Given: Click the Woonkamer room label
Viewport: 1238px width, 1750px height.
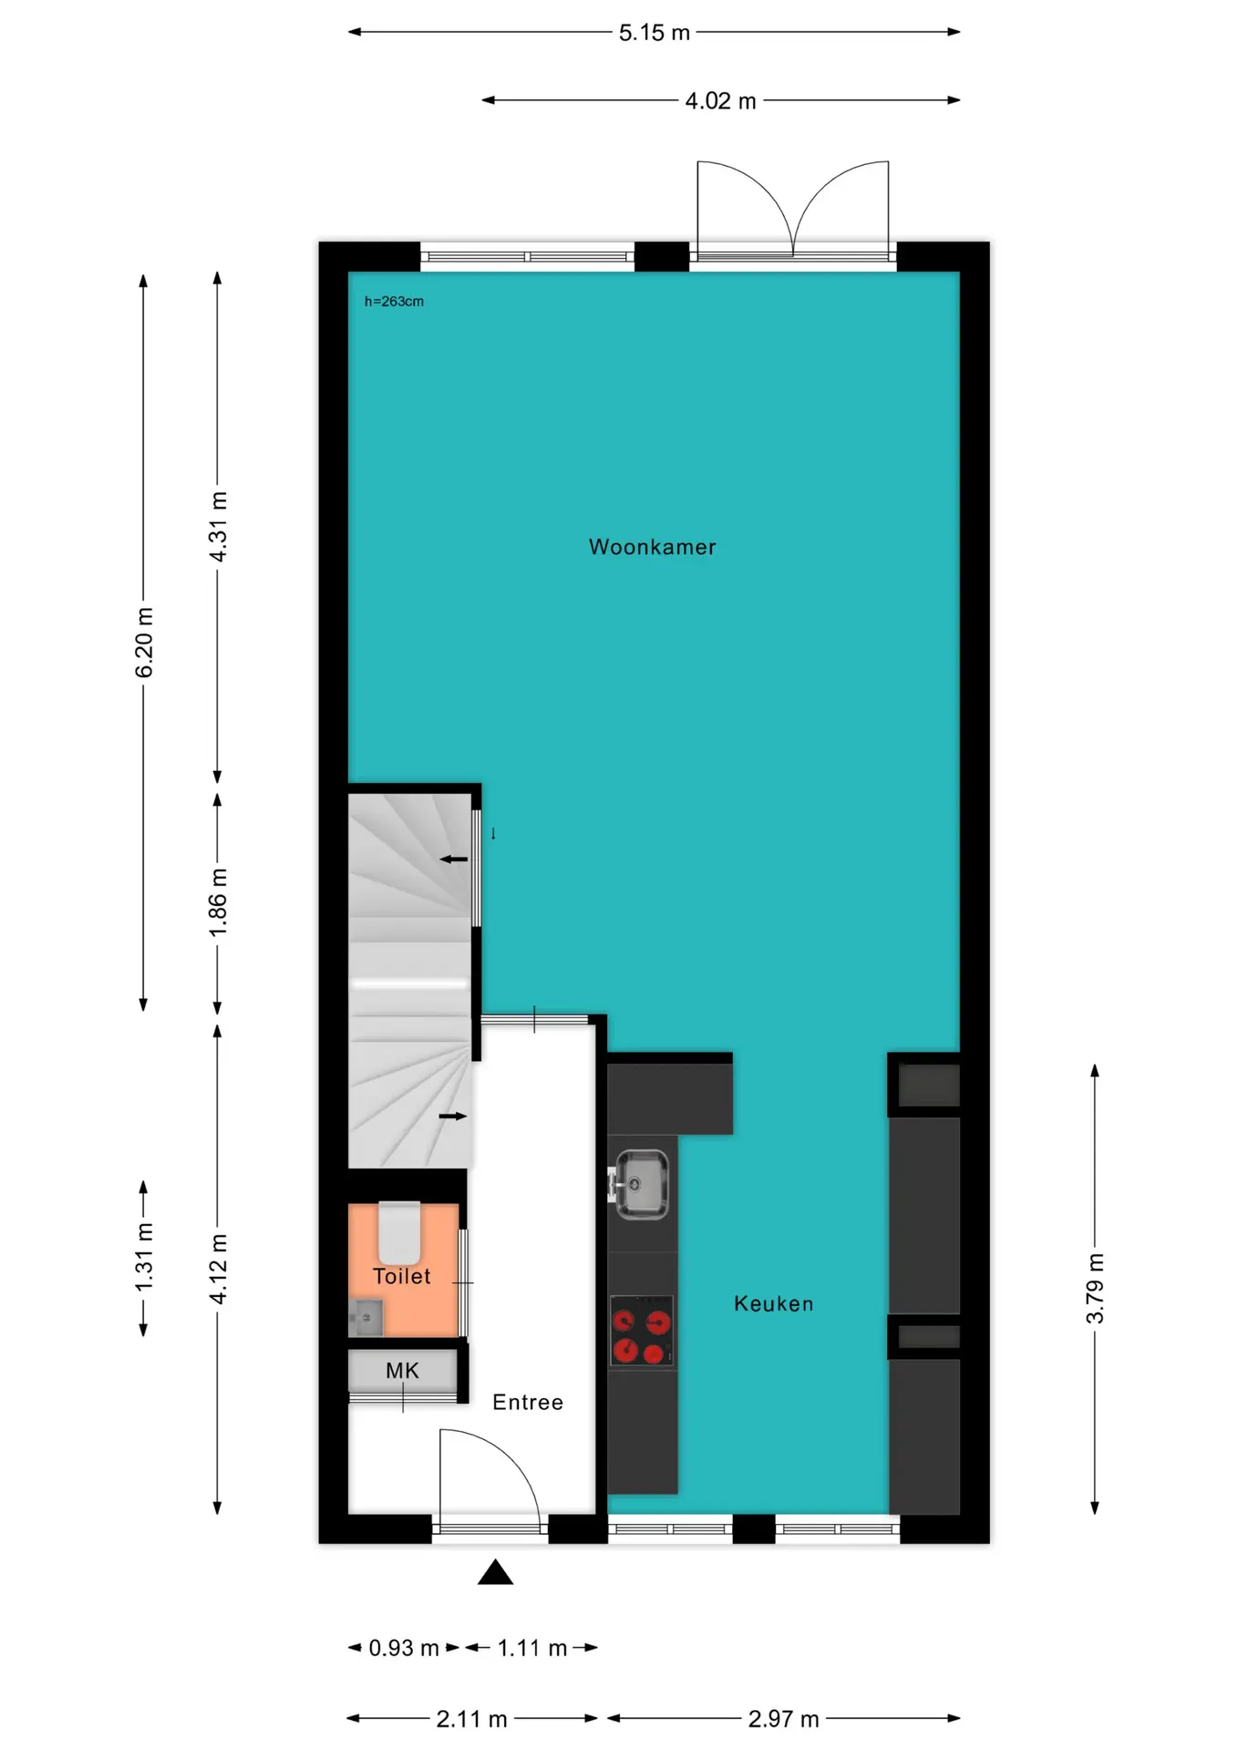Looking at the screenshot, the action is [x=652, y=547].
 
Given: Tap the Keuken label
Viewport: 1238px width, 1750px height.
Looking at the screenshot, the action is [x=773, y=1303].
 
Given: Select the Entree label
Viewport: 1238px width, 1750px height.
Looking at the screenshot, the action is [x=528, y=1402].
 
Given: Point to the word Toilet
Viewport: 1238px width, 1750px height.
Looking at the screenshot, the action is [x=401, y=1276].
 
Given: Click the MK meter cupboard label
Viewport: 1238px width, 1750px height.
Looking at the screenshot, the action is [x=402, y=1370].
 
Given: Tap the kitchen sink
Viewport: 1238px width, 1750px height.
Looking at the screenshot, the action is [x=641, y=1184].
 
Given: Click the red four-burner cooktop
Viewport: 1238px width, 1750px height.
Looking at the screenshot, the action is [x=642, y=1331].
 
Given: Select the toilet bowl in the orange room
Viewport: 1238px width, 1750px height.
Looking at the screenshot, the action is [x=399, y=1232].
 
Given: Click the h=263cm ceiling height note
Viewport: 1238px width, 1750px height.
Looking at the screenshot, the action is [x=394, y=302].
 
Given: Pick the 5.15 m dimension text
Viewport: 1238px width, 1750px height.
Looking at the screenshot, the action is [x=654, y=33].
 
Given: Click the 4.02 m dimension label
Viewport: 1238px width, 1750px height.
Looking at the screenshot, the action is [x=720, y=101].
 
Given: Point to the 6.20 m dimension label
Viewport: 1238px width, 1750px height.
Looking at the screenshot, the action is [x=144, y=643].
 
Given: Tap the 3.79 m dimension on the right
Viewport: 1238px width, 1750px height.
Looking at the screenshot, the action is [x=1095, y=1289].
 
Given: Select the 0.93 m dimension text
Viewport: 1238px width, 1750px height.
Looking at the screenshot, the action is [x=404, y=1648].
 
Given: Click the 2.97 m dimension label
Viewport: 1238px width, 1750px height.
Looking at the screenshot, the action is [x=783, y=1719].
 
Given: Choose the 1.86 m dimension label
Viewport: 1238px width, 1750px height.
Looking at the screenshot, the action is [x=218, y=902].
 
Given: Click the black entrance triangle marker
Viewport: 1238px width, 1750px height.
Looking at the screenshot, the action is [x=495, y=1572].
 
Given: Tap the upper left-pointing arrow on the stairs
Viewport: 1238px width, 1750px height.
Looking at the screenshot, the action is [x=454, y=859].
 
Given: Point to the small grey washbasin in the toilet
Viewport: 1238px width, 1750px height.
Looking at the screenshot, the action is [x=366, y=1317].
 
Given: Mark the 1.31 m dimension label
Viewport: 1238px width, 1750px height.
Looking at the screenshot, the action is [x=144, y=1258].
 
